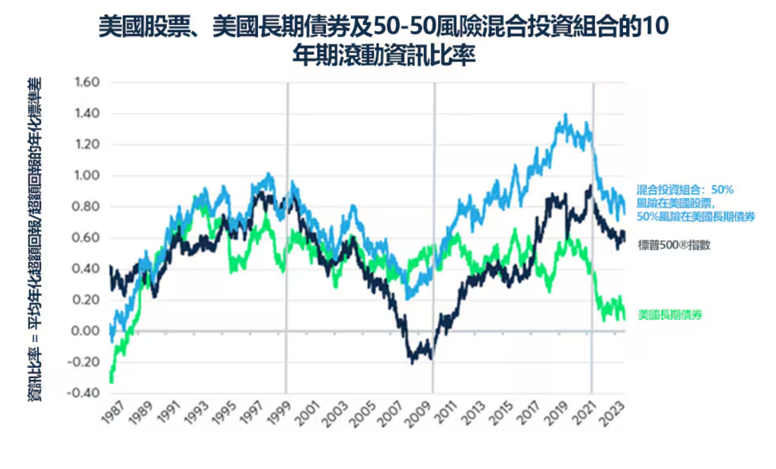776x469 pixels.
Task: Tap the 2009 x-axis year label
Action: pos(423,414)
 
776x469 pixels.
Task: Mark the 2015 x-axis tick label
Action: pos(506,414)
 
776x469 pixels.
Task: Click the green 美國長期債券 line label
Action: pos(670,315)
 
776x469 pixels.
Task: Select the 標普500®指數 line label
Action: pos(674,244)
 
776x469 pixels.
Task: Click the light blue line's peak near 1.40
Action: pos(565,115)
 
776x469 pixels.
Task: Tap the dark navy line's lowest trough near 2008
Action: pos(412,363)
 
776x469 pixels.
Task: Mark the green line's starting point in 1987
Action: pos(111,382)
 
